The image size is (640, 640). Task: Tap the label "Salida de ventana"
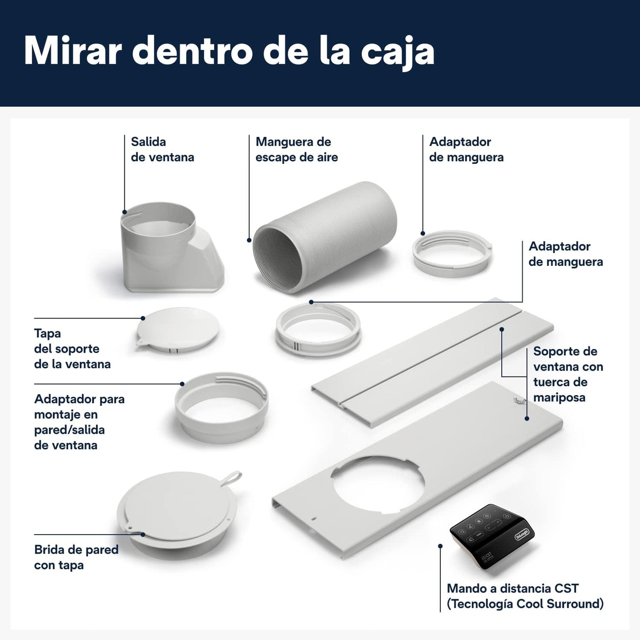163,149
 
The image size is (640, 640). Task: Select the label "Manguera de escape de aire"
297,149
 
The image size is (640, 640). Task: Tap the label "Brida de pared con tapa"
76,557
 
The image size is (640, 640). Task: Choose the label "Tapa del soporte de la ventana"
72,349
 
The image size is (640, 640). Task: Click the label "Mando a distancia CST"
512,588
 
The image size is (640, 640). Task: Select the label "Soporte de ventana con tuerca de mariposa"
568,374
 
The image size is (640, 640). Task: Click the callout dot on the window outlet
124,212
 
